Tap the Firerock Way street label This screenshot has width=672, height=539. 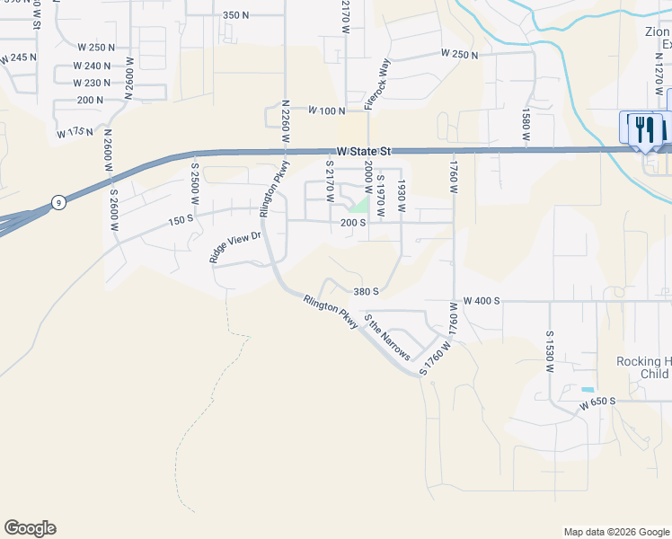[377, 84]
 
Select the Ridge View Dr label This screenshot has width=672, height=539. [234, 247]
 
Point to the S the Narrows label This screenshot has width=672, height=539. [387, 337]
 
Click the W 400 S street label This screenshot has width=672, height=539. [482, 300]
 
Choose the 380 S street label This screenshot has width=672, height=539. [366, 292]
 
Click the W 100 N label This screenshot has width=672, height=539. [327, 110]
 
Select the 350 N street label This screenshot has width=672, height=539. [234, 15]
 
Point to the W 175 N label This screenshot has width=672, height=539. [75, 133]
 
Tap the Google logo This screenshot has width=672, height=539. [30, 528]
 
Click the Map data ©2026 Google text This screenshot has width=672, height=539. [615, 532]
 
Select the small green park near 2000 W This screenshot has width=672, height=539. [359, 205]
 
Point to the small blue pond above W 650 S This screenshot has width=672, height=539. [588, 389]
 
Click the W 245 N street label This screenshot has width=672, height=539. [19, 57]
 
